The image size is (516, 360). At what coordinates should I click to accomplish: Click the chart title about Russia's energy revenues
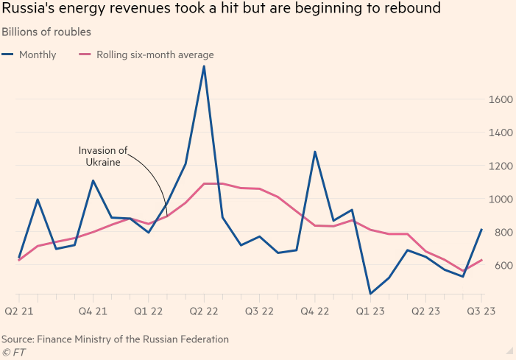tap(222, 10)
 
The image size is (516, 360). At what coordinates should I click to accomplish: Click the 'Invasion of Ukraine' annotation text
tap(103, 156)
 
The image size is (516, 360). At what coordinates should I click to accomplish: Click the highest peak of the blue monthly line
tap(204, 66)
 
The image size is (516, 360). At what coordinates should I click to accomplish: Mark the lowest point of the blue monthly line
tap(370, 294)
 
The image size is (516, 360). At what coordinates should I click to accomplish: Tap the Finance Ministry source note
tap(115, 339)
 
